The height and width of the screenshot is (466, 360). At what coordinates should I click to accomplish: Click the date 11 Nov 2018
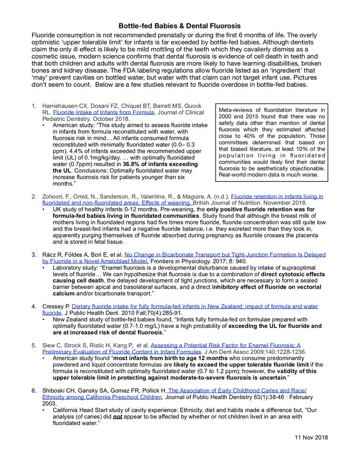312,437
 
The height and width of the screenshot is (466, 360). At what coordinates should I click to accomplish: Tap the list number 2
34,196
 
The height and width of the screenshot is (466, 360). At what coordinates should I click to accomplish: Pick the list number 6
34,390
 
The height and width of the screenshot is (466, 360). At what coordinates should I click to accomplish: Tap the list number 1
34,105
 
